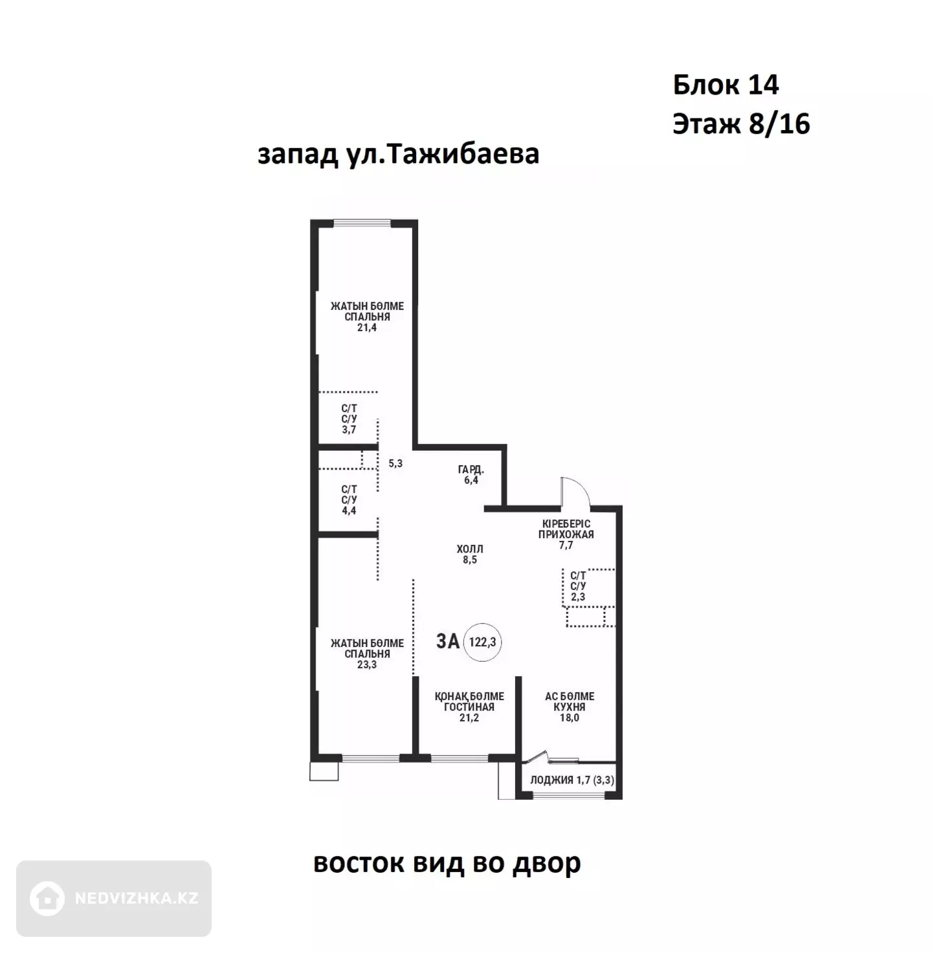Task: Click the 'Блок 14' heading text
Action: tap(726, 85)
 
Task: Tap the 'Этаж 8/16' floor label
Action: tap(741, 124)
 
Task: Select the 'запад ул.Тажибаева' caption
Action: tap(398, 154)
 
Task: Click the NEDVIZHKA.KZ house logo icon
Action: tap(47, 898)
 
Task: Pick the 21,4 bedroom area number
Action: tap(366, 327)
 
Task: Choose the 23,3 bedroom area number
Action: tap(366, 664)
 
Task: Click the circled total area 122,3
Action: tap(483, 642)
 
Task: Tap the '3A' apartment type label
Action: tap(448, 641)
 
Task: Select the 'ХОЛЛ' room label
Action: tap(469, 549)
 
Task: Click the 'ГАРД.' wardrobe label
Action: tap(471, 470)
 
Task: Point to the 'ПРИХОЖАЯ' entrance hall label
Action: tap(566, 534)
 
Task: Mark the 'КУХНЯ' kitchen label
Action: tap(570, 707)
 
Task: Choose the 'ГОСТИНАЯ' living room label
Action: tap(469, 707)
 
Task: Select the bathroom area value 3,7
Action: tap(349, 430)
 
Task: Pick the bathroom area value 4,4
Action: tap(349, 510)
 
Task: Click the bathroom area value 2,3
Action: tap(578, 597)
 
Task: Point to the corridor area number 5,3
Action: tap(395, 463)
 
